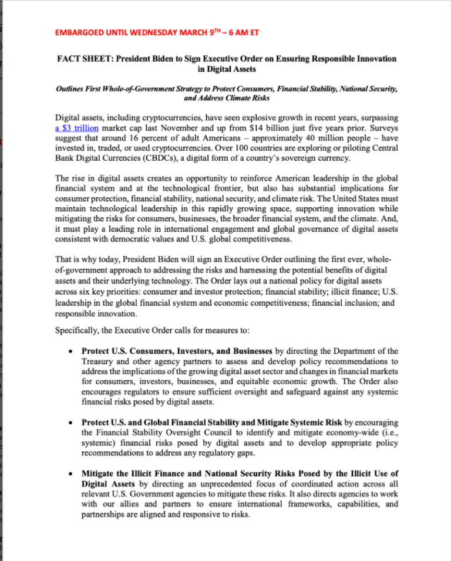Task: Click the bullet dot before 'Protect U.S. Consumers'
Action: (x=70, y=352)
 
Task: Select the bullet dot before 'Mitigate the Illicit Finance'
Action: (x=70, y=474)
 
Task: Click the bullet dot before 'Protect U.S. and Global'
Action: (x=70, y=423)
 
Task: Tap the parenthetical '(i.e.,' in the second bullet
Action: (x=386, y=433)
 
